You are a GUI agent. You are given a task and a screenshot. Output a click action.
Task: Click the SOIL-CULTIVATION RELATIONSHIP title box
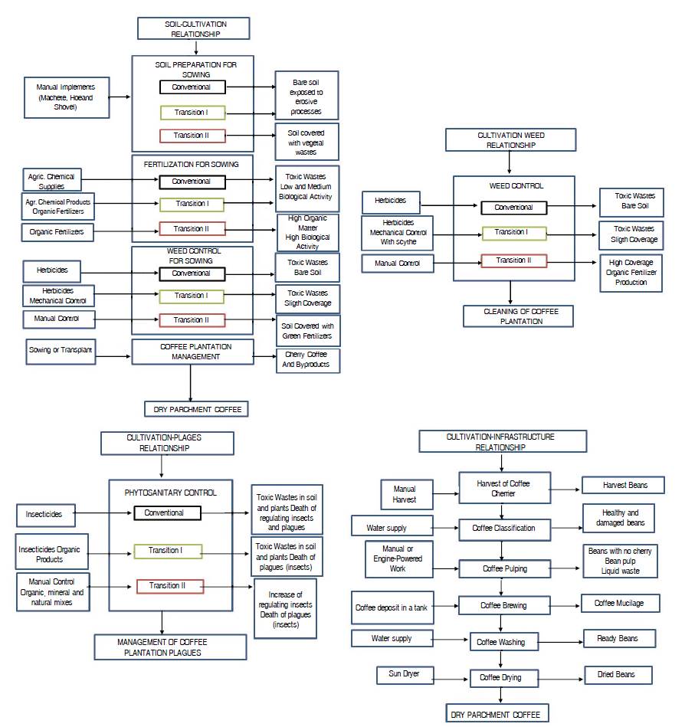(196, 29)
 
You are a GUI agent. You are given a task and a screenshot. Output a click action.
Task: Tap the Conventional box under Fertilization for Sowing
(192, 182)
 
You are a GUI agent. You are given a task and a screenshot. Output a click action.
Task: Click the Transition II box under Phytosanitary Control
(170, 586)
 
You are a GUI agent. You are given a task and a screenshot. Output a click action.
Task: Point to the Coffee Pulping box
(504, 569)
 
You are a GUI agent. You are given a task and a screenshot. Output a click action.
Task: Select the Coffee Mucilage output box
(619, 604)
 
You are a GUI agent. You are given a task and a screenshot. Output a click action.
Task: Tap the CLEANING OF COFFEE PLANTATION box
(517, 316)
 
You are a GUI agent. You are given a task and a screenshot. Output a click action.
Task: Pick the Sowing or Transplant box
(61, 350)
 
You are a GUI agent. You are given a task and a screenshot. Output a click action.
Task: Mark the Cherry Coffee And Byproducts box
(306, 360)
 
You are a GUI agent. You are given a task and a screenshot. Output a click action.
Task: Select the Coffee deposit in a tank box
(391, 607)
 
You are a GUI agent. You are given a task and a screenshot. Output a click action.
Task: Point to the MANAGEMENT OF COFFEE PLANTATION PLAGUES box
(171, 647)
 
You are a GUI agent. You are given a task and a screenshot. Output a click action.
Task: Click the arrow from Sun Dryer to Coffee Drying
(452, 677)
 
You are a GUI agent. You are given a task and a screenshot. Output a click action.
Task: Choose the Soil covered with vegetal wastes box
(306, 142)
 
